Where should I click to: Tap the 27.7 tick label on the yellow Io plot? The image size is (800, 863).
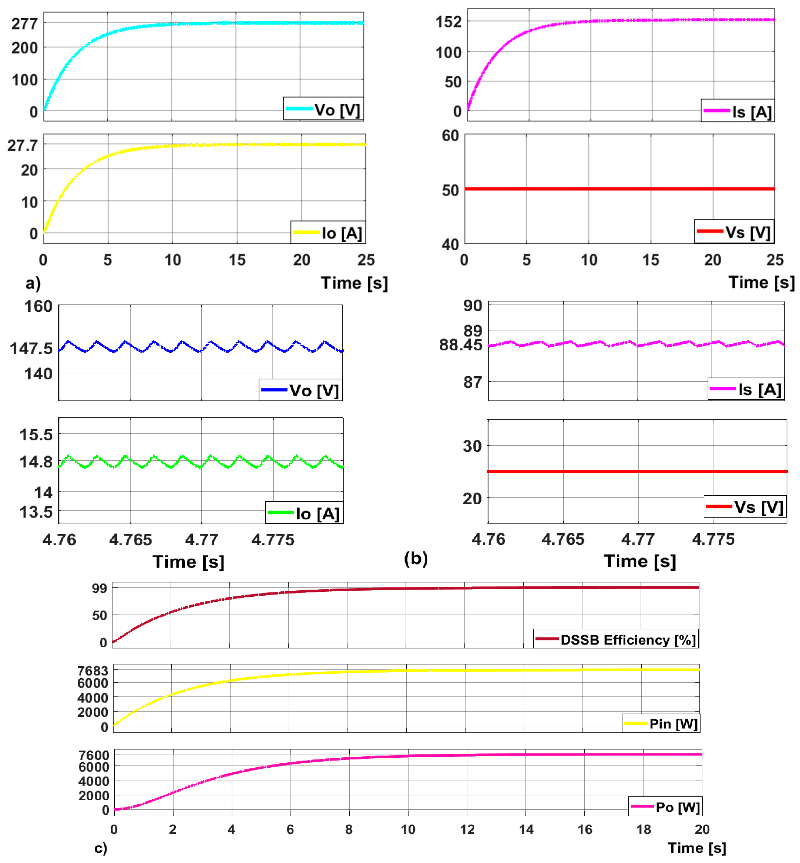23,145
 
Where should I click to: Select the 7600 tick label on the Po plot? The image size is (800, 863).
93,755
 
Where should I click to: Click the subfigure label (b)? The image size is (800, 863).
416,558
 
